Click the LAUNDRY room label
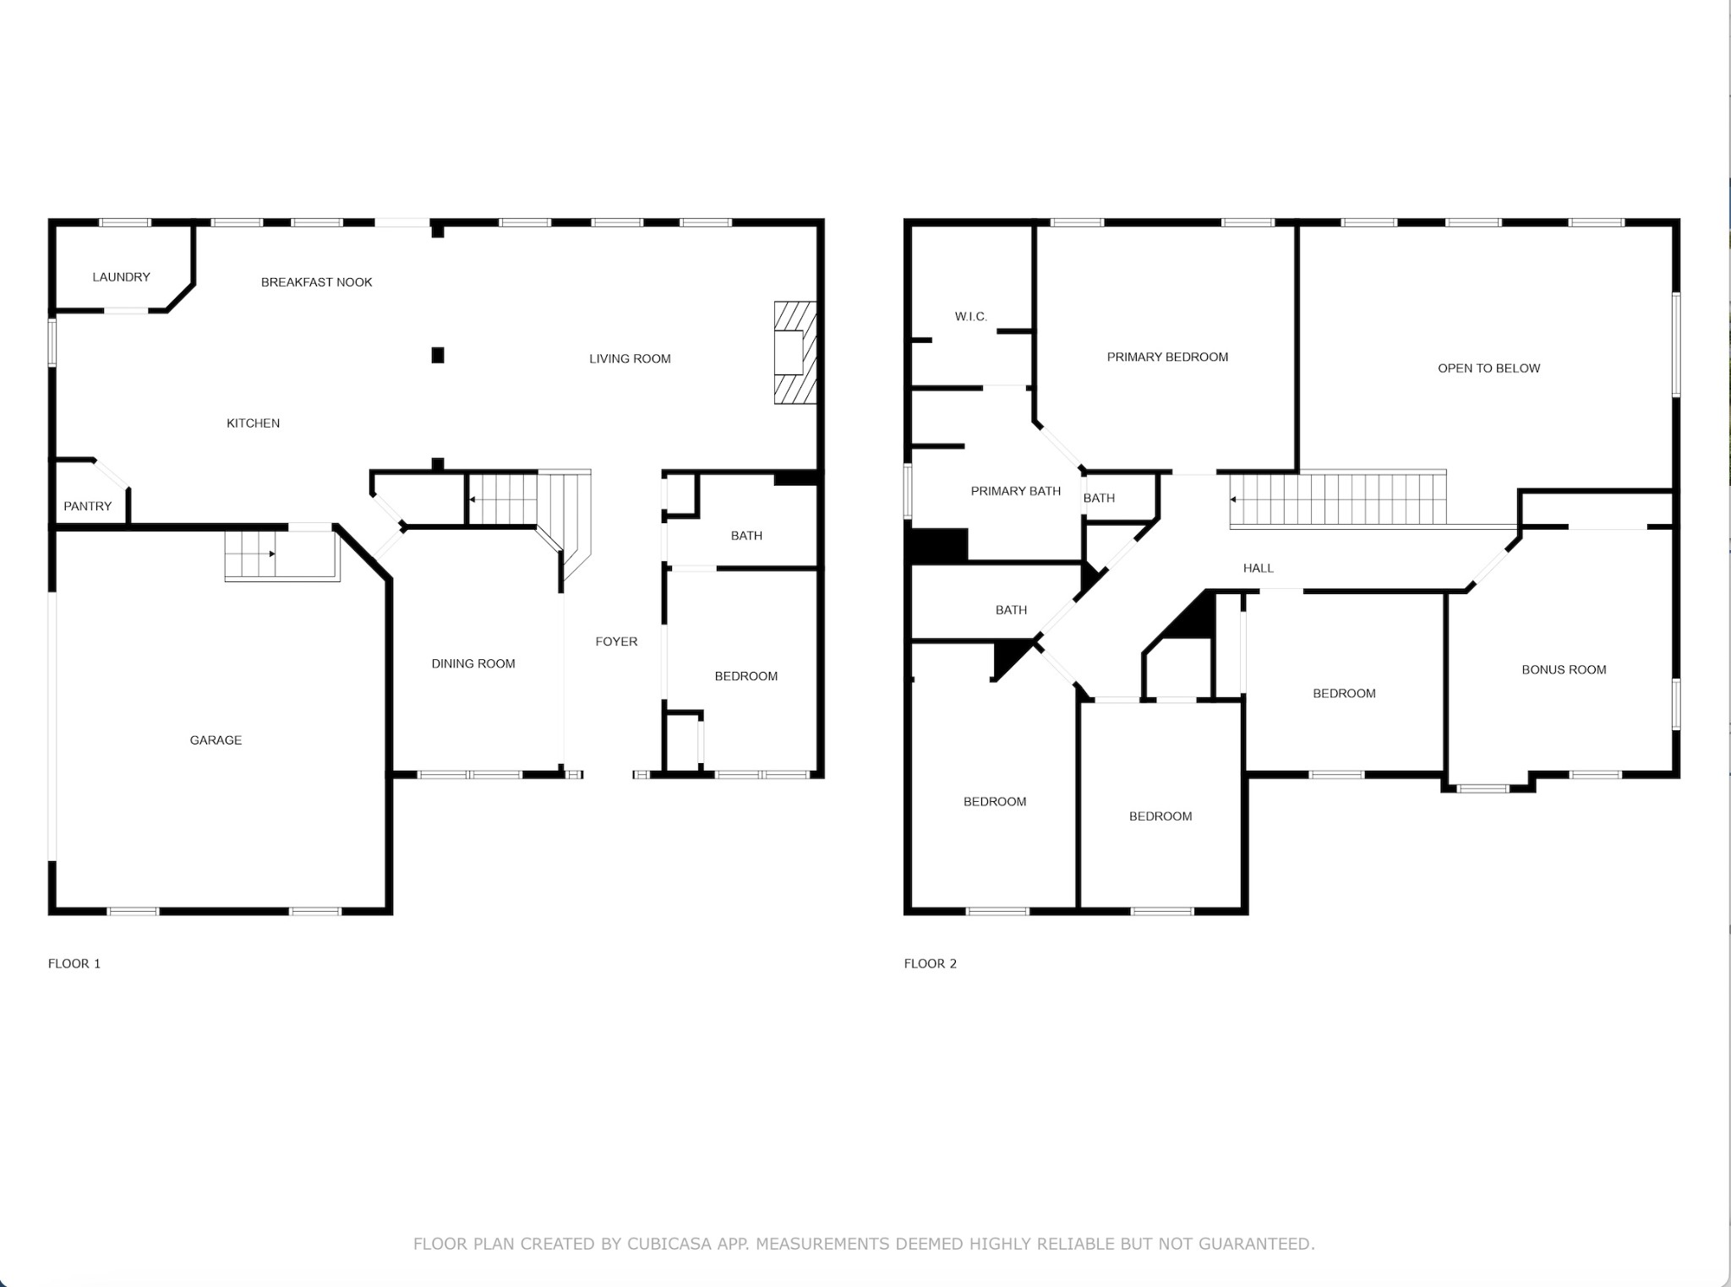[121, 277]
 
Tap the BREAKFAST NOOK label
[317, 282]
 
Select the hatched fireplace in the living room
[795, 352]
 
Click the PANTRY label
[88, 506]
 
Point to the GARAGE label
[216, 740]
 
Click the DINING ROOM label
[473, 664]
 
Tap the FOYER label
[616, 642]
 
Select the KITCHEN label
[254, 423]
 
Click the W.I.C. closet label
[971, 317]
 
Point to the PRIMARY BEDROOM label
[1168, 357]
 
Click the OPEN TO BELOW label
[1489, 368]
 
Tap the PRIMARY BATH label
[1016, 491]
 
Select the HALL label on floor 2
[1259, 569]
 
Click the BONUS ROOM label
[1564, 670]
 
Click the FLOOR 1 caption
[74, 963]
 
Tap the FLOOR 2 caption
[931, 963]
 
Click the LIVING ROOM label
[631, 359]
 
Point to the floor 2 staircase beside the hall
[1338, 499]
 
